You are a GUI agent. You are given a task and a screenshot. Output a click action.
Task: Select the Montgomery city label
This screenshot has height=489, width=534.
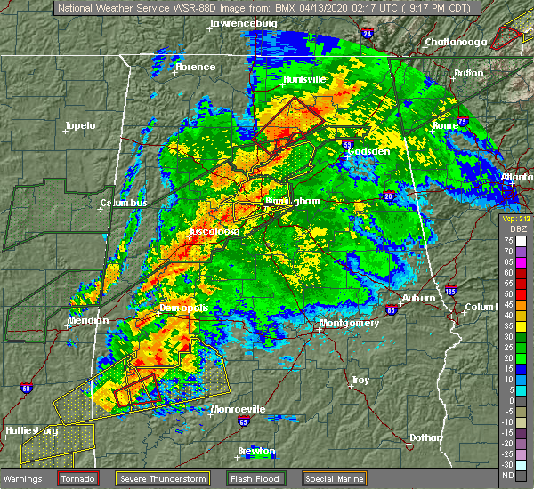point(349,323)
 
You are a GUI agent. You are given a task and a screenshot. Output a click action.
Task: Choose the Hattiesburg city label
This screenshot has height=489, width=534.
point(31,430)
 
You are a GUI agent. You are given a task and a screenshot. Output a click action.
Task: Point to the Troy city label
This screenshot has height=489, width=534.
point(360,380)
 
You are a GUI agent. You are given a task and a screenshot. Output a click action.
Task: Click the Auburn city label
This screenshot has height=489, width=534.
point(419,298)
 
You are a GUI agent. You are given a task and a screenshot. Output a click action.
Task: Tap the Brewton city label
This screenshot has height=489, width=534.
point(256,450)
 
